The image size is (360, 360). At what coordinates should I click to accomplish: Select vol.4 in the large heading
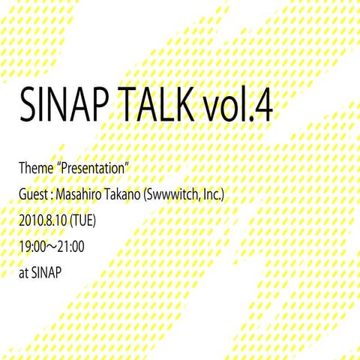[242, 110]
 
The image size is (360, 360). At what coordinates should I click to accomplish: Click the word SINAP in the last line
[46, 272]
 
